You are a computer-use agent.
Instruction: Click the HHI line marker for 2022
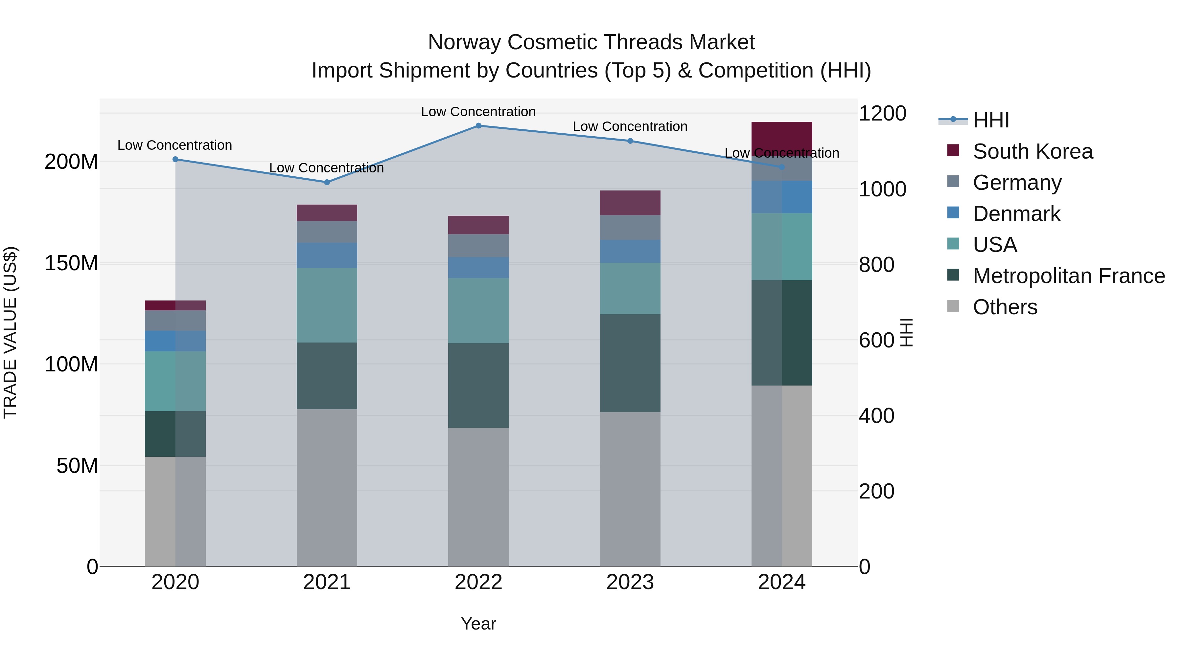[478, 126]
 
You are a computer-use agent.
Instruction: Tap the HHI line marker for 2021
[327, 182]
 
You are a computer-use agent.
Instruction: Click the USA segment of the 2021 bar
[327, 305]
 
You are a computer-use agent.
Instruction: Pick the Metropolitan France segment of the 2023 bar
[630, 363]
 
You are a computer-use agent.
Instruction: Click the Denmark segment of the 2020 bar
[175, 341]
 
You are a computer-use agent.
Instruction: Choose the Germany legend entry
[1017, 183]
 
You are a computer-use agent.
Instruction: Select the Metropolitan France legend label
[1069, 276]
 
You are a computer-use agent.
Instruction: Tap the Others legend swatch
[953, 306]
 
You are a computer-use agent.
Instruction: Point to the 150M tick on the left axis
[71, 263]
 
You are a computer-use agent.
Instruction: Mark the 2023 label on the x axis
[630, 582]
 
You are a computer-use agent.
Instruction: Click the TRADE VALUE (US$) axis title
[10, 332]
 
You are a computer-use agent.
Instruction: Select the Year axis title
[478, 624]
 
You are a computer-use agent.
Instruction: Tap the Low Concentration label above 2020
[174, 145]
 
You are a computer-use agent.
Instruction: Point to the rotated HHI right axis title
[906, 332]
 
